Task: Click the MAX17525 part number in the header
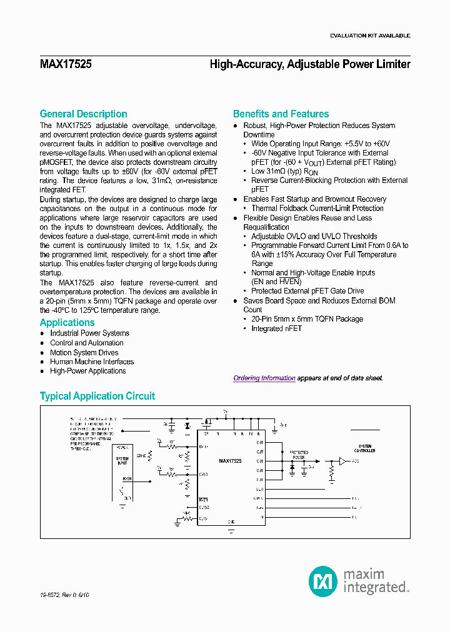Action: pos(66,64)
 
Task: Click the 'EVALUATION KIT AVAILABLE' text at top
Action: pos(370,36)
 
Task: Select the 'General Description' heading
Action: pos(83,114)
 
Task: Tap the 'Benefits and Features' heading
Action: pos(281,114)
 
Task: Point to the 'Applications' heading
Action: pos(67,322)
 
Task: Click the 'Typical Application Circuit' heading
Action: pos(97,396)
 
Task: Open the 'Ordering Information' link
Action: pos(264,378)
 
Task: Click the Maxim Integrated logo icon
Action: pos(323,581)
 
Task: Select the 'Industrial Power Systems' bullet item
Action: pos(89,333)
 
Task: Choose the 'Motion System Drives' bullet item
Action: pos(84,352)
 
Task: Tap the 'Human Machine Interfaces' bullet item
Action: pos(92,362)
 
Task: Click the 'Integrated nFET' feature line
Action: pos(276,328)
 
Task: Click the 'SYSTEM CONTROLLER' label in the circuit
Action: pos(364,448)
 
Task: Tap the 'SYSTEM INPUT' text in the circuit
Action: pos(122,460)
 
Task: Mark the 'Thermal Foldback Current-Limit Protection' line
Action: pos(317,209)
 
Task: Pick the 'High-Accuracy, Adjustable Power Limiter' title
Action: pos(310,64)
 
